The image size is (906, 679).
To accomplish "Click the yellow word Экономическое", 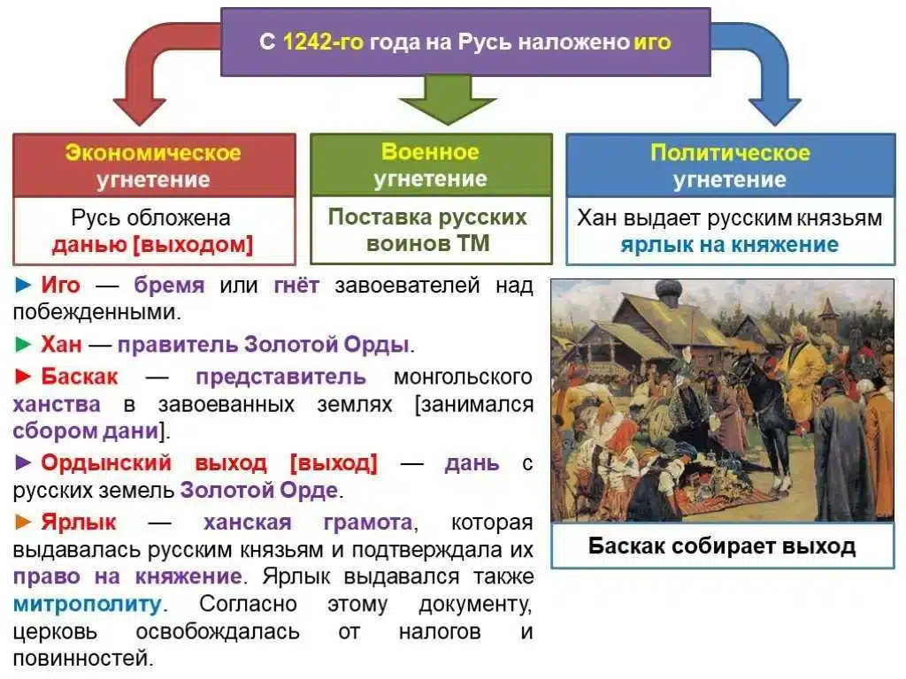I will pos(153,153).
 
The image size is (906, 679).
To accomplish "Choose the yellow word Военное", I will pos(430,152).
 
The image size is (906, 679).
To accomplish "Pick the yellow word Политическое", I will pos(729,153).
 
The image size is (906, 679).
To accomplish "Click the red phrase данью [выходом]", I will pos(152,245).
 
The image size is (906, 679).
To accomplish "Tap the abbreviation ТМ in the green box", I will pos(473,243).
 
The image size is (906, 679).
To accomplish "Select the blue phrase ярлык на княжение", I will pos(729,244).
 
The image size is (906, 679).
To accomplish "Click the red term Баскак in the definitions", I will pos(79,377).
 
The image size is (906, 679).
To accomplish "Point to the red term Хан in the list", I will pos(60,345).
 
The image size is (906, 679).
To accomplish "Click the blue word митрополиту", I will pos(88,605).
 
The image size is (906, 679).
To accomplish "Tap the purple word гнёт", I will pos(296,286).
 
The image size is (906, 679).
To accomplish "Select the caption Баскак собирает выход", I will pos(721,545).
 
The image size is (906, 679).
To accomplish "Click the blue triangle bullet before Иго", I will pos(23,286).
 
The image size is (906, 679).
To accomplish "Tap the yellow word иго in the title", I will pos(653,42).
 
